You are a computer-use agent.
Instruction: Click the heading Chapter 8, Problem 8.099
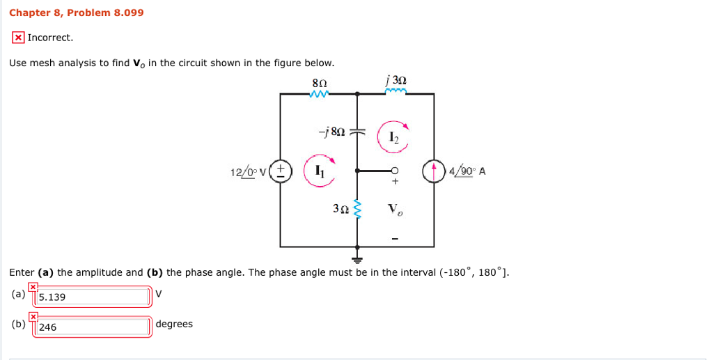coord(77,13)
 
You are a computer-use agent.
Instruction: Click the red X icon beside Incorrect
coord(18,38)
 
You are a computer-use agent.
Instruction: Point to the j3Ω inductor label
coord(395,81)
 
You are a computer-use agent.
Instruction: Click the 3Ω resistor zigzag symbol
coord(358,208)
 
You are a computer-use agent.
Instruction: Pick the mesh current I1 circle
coord(319,170)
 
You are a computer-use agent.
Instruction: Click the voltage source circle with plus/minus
coord(281,170)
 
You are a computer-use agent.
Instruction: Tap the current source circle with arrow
coord(434,171)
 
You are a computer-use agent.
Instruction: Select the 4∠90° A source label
coord(467,171)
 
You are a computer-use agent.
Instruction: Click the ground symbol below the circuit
coord(358,258)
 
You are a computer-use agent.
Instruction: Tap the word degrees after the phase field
coord(174,324)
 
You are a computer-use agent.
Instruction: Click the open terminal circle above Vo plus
coord(395,170)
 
